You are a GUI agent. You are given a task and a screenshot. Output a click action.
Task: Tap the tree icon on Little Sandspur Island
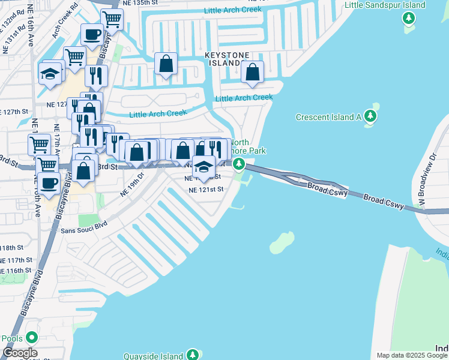tap(409, 18)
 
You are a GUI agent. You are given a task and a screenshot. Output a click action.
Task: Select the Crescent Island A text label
tap(328, 117)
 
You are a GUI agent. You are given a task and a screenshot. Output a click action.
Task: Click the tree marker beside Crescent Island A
tap(371, 116)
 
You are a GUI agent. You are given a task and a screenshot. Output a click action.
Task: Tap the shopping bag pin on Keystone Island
tap(253, 71)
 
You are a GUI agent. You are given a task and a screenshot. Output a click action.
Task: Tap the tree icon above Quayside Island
tap(193, 354)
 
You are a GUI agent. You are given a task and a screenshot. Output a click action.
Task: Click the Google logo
tap(20, 353)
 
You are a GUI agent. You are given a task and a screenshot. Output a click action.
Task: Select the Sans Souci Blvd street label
tap(85, 226)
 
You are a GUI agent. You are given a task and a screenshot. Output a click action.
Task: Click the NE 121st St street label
tap(206, 189)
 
